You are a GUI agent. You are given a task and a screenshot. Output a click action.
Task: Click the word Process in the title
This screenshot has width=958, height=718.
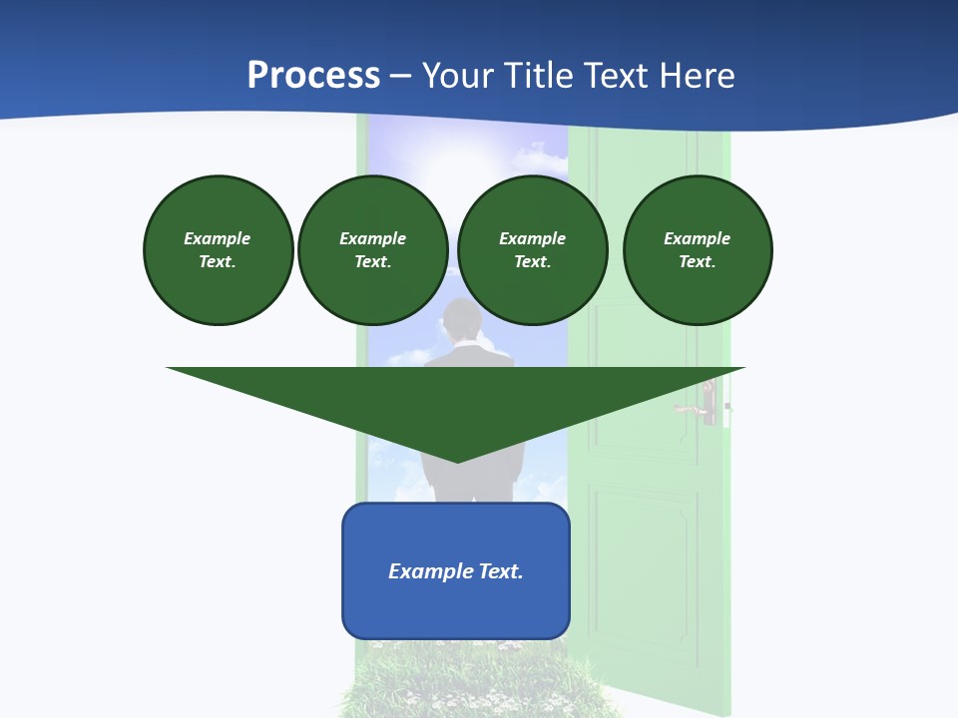pos(313,76)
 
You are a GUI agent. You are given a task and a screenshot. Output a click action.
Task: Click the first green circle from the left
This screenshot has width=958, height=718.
pos(218,250)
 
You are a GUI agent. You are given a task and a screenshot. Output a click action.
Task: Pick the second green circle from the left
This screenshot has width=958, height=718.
pos(372,250)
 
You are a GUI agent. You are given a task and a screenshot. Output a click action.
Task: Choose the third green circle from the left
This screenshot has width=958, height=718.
pos(532,250)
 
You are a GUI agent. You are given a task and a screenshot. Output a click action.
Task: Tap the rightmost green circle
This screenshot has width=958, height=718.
pos(697,250)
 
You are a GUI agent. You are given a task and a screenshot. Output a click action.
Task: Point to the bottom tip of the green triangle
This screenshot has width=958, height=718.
pos(457,460)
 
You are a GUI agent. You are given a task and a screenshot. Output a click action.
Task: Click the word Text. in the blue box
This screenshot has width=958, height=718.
pos(501,571)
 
